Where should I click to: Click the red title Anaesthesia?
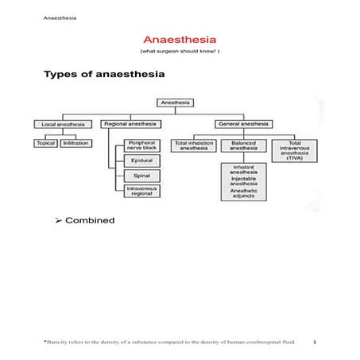tap(180, 39)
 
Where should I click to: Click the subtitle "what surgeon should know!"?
tap(180, 51)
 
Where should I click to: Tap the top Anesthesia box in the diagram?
tap(175, 103)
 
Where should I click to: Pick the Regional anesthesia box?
tap(130, 124)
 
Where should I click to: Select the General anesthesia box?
tap(242, 124)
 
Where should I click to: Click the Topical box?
tap(45, 143)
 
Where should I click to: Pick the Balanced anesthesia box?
tap(242, 146)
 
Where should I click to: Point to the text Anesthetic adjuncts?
tap(242, 193)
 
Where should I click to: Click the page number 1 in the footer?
tap(315, 342)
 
